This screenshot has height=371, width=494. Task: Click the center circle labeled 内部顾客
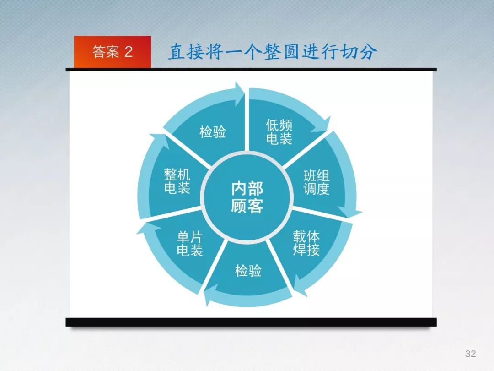(247, 197)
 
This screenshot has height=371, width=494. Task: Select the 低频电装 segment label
(279, 132)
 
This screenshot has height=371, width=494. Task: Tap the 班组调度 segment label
(317, 182)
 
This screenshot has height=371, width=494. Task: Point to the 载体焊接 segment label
(306, 243)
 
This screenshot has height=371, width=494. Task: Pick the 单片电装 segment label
(189, 243)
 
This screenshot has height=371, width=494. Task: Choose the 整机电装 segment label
(177, 181)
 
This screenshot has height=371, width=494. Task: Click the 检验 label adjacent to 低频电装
(213, 131)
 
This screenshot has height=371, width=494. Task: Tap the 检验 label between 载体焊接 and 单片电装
(248, 271)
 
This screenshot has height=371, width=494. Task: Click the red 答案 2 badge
(113, 52)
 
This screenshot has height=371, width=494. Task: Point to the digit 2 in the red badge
(128, 51)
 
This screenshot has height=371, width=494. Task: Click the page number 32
(470, 353)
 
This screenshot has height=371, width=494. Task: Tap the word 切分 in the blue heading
(359, 51)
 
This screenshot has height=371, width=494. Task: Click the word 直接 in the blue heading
(186, 51)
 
